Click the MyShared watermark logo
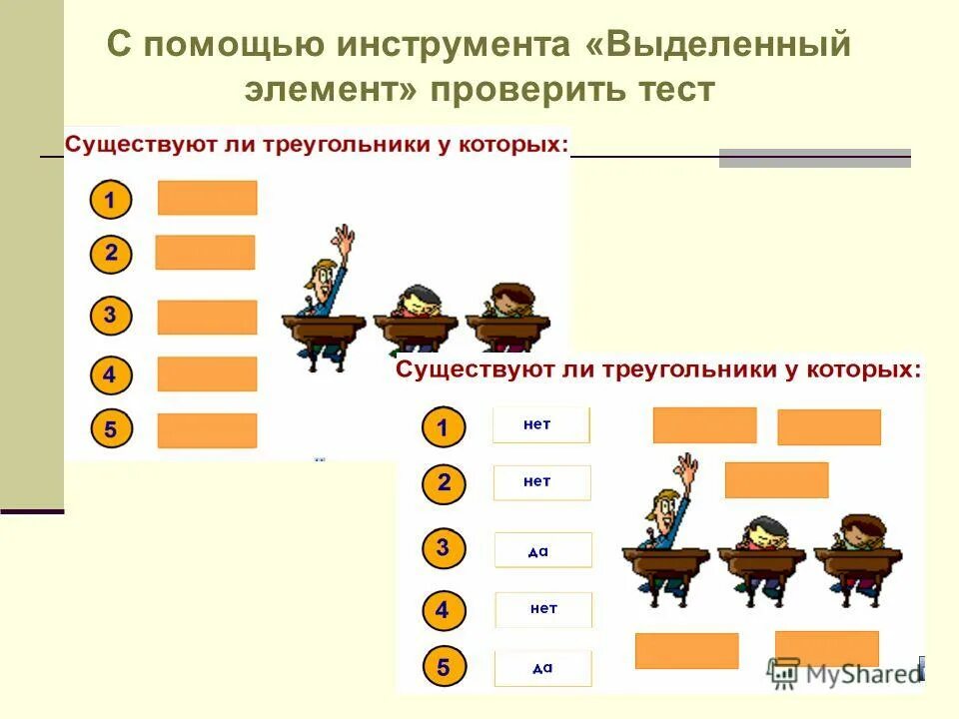[845, 672]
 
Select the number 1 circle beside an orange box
[111, 201]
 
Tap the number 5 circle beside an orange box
[111, 430]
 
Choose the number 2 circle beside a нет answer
[444, 485]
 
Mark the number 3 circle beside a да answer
[444, 548]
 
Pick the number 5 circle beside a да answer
[444, 666]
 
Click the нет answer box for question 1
[540, 425]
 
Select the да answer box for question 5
[542, 668]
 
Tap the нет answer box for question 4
[543, 609]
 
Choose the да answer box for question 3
[542, 550]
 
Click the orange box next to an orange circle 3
[207, 317]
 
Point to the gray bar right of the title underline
[814, 158]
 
